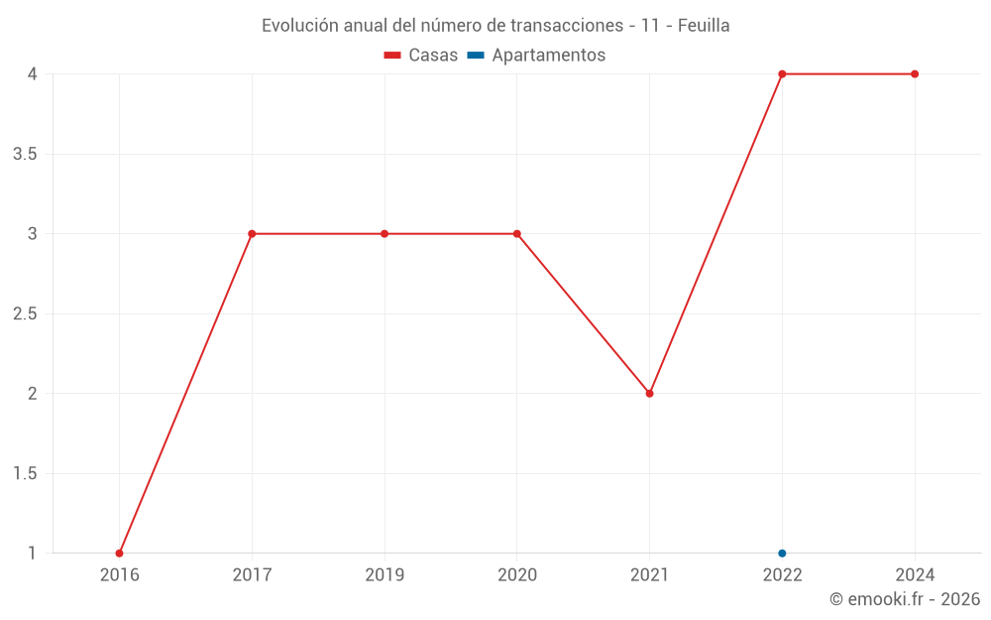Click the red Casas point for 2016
pos(119,553)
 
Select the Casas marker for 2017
pos(252,234)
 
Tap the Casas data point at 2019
pos(385,234)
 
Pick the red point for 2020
pos(517,234)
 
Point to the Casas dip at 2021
pos(650,394)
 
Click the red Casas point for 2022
pos(782,74)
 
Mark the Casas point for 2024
pos(915,74)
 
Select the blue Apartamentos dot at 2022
pos(782,553)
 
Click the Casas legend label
pos(433,56)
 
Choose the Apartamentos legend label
pos(548,56)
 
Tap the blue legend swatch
pos(476,56)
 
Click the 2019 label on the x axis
pos(385,574)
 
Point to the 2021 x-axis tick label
pos(650,574)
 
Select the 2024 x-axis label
pos(915,574)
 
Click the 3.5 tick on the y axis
pos(26,154)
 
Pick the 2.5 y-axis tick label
pos(26,313)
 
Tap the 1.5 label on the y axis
pos(26,473)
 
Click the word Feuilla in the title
pos(704,26)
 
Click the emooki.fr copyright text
pos(905,599)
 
